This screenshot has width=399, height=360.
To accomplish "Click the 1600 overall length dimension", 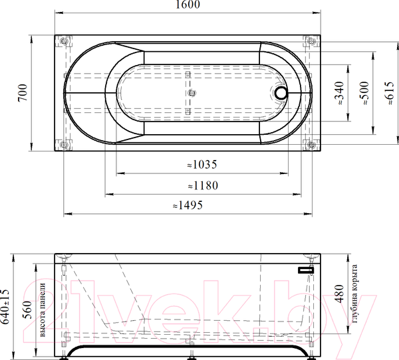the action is click(x=188, y=5).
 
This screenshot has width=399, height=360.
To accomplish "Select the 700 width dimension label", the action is click(x=23, y=92).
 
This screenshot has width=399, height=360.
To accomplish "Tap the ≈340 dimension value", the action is click(x=339, y=93).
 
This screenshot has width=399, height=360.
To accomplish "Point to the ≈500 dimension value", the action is click(x=364, y=93).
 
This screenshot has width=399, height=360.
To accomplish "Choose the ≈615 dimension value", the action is click(x=389, y=93).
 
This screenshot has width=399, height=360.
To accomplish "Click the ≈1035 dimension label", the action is click(x=202, y=165).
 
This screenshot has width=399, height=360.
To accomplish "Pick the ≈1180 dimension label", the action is click(x=203, y=185).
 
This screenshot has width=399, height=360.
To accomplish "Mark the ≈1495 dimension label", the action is click(x=188, y=205).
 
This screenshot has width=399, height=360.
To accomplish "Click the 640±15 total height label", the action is click(x=5, y=307).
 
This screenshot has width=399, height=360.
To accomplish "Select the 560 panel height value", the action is click(x=27, y=310).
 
